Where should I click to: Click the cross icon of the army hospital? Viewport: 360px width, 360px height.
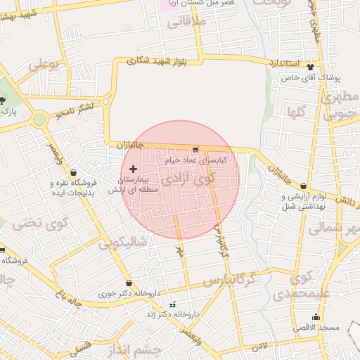point(133,169)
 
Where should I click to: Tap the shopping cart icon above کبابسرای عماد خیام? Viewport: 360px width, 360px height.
point(195,149)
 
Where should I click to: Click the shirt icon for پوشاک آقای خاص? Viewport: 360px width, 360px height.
point(311,67)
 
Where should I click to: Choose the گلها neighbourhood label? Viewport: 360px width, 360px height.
point(295,111)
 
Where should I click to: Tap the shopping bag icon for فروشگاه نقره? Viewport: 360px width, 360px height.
point(74,172)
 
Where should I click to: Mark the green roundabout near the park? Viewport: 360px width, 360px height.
point(39,119)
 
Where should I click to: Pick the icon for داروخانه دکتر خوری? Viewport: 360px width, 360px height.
point(129,283)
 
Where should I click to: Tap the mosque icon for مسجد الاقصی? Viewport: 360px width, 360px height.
point(315,316)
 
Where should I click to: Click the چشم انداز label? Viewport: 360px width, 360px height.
point(141,350)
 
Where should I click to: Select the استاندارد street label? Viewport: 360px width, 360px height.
point(285,63)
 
